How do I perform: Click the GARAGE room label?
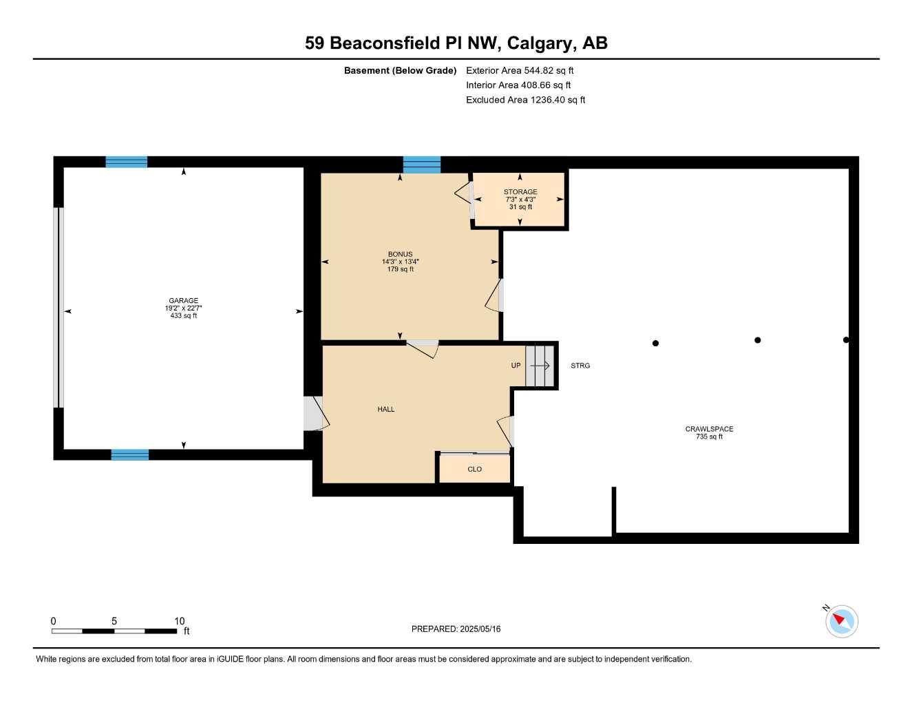pos(183,300)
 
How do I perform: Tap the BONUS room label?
pos(400,254)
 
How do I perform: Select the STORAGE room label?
pos(520,192)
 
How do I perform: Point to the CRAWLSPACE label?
pos(709,429)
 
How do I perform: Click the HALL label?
pos(385,409)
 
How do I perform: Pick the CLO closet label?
pos(475,469)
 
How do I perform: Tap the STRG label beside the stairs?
pos(580,366)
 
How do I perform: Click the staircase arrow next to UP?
pos(540,366)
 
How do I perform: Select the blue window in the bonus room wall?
pos(422,165)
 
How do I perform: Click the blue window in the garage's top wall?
pos(127,162)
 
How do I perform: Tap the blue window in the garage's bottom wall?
pos(129,455)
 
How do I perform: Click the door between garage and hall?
pos(316,413)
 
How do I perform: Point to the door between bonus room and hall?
pos(423,349)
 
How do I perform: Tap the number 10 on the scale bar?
pos(179,621)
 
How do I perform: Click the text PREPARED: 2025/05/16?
pos(456,629)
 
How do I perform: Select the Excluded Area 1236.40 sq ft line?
pos(525,100)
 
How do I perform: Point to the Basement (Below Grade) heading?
pos(400,70)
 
